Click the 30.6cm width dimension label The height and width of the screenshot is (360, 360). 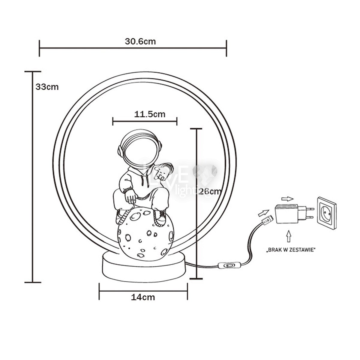click(x=140, y=41)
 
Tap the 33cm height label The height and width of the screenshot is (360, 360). click(x=47, y=87)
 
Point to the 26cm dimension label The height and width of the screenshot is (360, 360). click(x=210, y=191)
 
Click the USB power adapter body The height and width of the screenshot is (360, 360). click(x=286, y=214)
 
